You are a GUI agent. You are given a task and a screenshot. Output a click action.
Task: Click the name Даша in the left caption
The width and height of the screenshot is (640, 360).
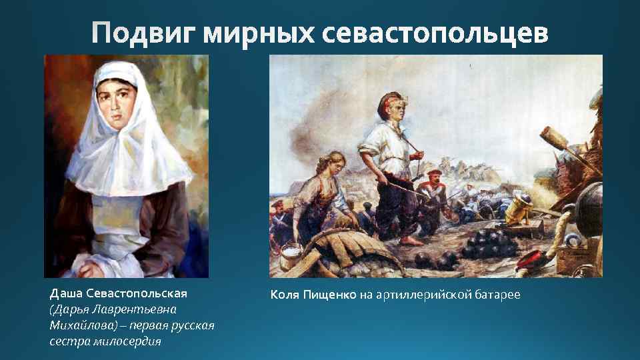click(66, 293)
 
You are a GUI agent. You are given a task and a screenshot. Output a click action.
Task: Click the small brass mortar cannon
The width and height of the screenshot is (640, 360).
click(517, 209)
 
